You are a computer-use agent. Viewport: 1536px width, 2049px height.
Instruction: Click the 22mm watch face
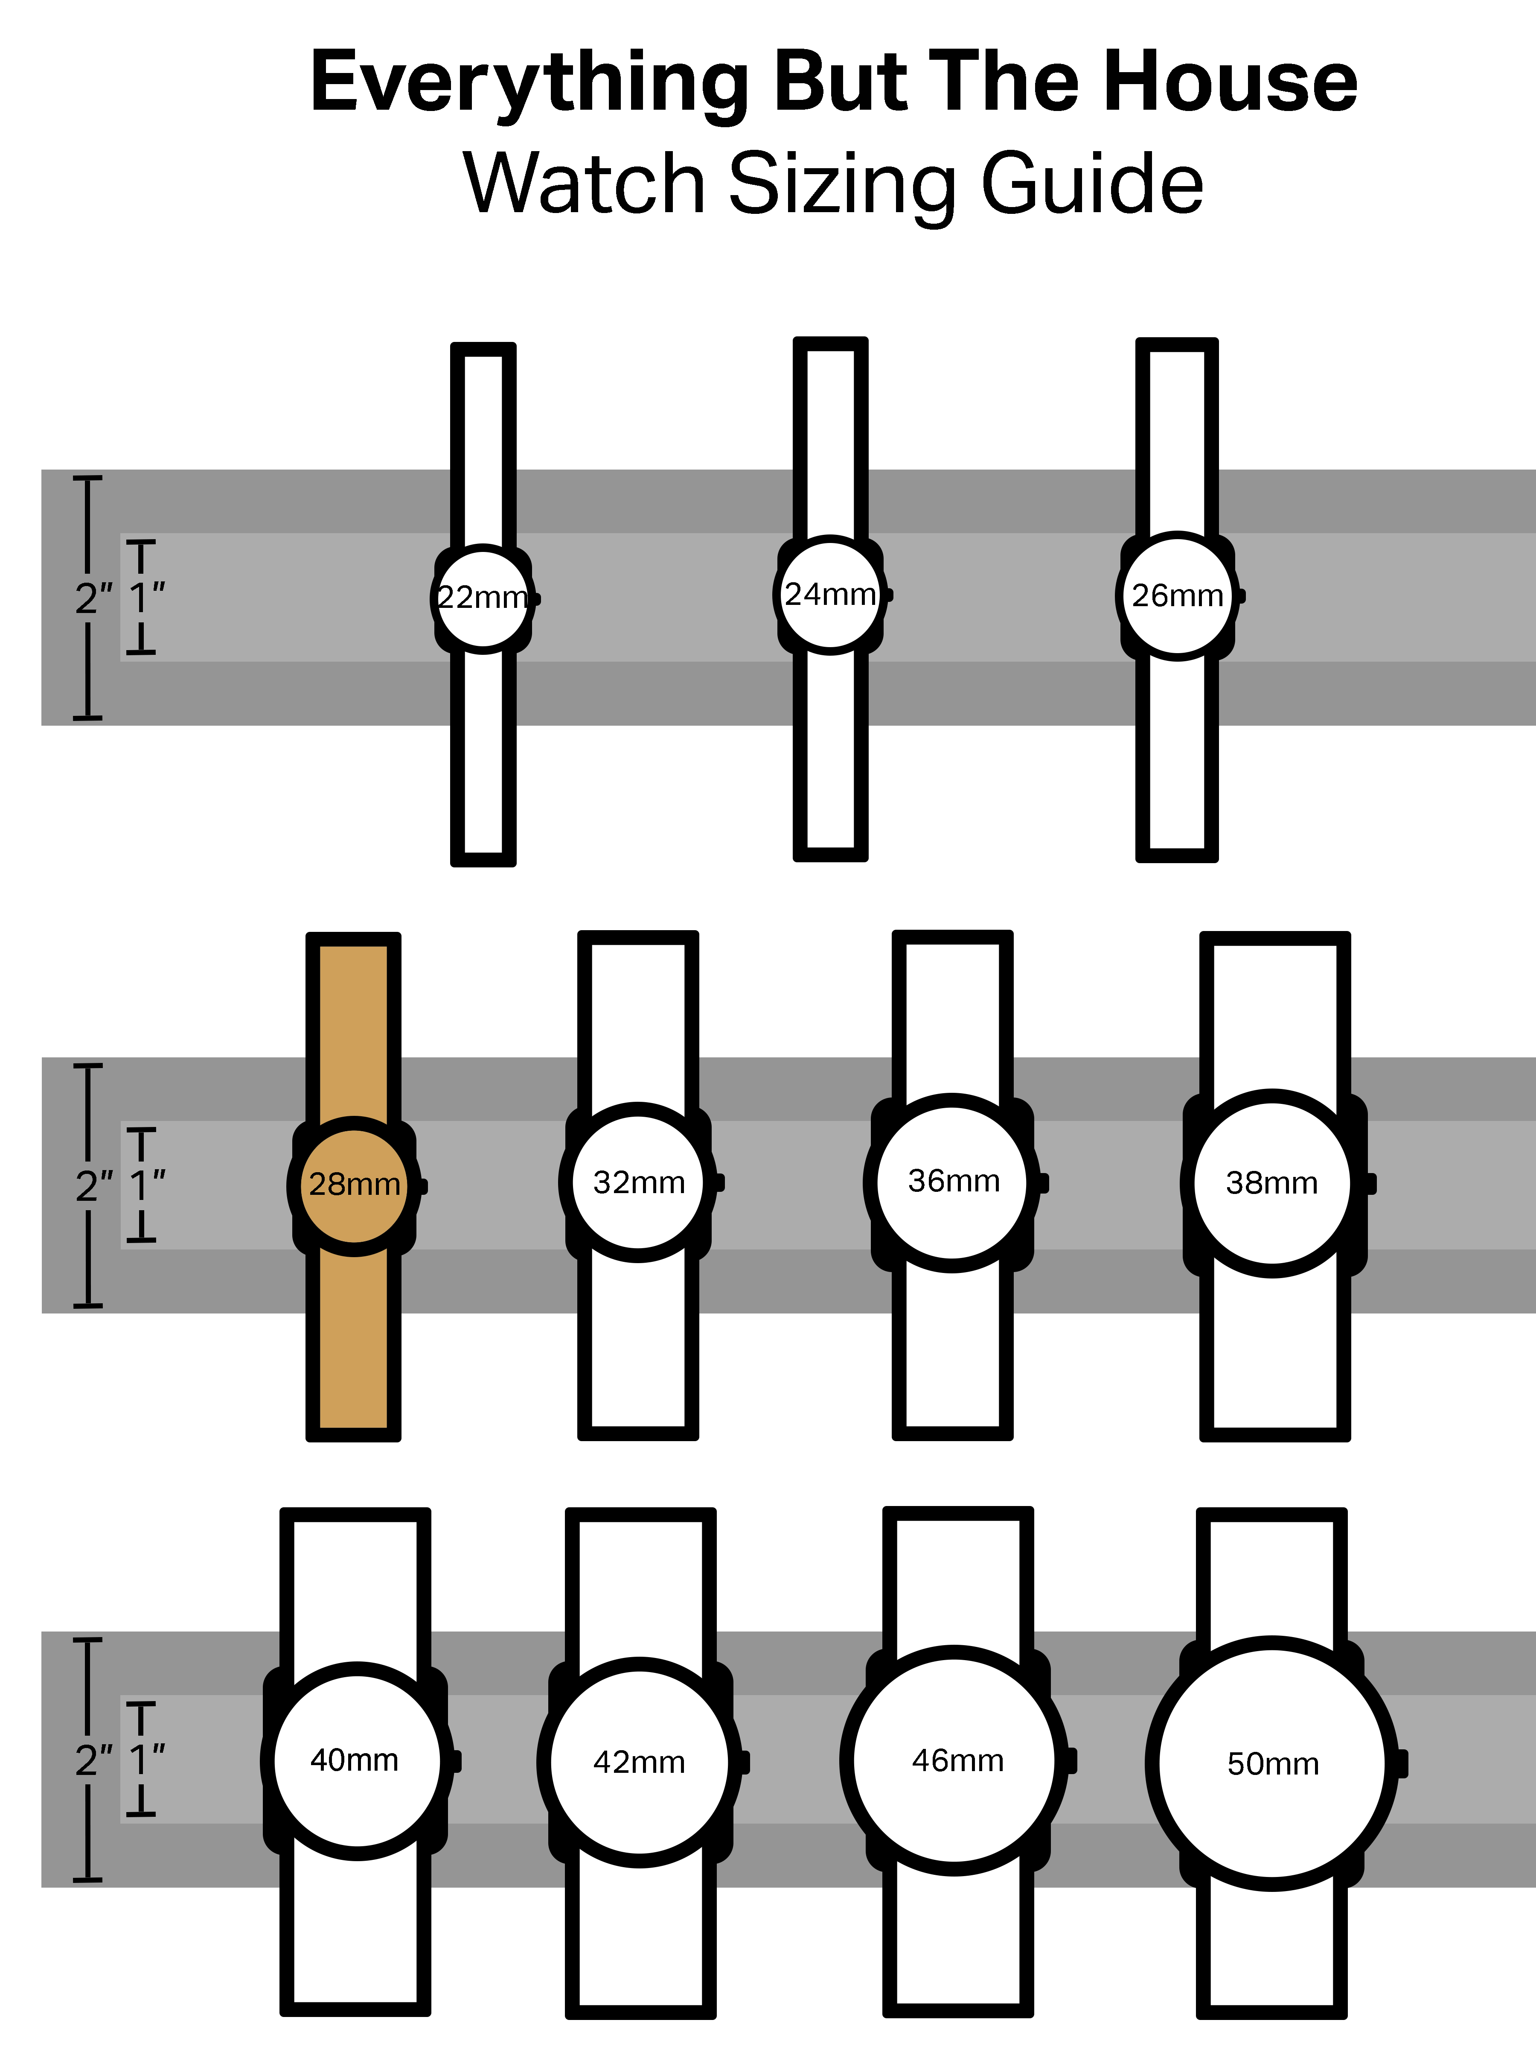pyautogui.click(x=483, y=598)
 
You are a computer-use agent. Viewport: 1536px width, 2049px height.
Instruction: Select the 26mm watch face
pyautogui.click(x=1177, y=595)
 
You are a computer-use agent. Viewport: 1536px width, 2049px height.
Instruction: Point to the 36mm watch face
pyautogui.click(x=953, y=1182)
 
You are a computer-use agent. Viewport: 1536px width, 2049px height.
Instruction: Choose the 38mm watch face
pyautogui.click(x=1272, y=1183)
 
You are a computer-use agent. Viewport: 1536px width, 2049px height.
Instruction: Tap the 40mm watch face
pyautogui.click(x=356, y=1760)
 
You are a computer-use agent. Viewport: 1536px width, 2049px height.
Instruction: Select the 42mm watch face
pyautogui.click(x=639, y=1762)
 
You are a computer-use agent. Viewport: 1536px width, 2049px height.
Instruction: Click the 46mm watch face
pyautogui.click(x=954, y=1760)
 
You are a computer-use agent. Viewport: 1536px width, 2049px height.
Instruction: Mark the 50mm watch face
pyautogui.click(x=1272, y=1763)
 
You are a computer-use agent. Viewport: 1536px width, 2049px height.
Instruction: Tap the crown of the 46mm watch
pyautogui.click(x=1071, y=1760)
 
